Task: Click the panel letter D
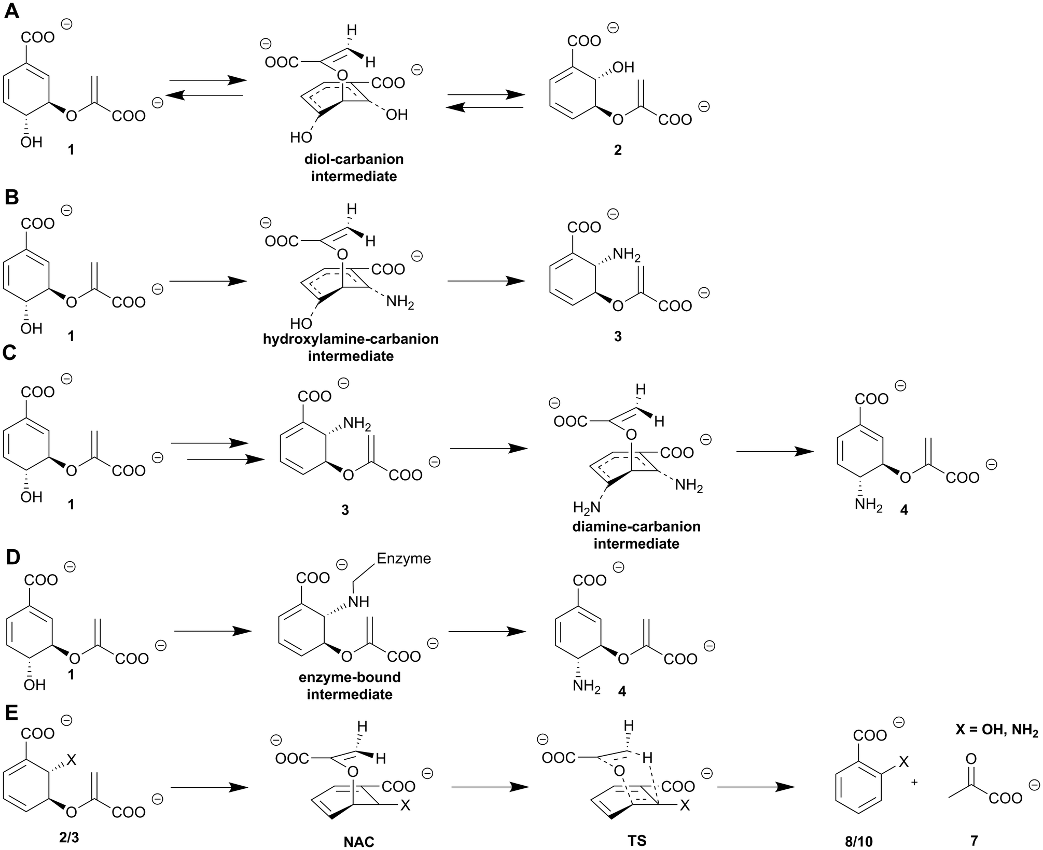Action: pos(12,558)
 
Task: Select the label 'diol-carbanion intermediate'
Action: pos(354,167)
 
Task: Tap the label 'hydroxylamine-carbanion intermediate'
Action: pos(351,347)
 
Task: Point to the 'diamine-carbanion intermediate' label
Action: pos(636,535)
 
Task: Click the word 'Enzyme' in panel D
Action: pos(404,559)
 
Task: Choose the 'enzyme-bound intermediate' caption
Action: pos(350,686)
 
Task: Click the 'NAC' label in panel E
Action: pos(359,841)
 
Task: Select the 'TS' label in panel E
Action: pos(637,840)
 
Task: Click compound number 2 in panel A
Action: pos(617,150)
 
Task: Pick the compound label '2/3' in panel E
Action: pos(69,838)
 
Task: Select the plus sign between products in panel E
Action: pos(914,782)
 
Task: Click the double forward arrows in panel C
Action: pos(218,451)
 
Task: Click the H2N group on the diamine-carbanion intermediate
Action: pos(587,507)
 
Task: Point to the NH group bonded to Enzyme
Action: pos(358,602)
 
